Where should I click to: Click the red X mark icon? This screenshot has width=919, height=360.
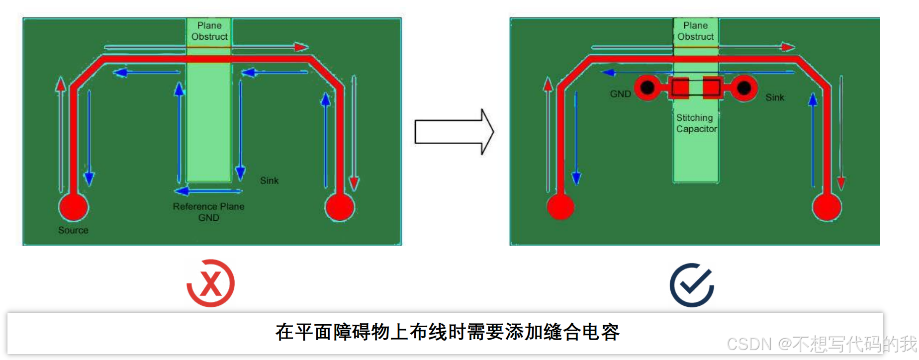(211, 283)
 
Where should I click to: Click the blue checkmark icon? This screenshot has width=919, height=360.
(692, 285)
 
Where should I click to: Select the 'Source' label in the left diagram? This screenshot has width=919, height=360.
(73, 230)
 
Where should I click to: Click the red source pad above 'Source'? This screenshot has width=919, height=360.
(74, 207)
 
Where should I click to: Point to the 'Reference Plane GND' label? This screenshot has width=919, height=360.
(209, 212)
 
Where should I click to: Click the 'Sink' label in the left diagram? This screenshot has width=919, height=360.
(269, 180)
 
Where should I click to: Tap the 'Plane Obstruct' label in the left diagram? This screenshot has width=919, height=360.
(209, 31)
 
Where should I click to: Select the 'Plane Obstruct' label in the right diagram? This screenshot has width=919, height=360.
(695, 31)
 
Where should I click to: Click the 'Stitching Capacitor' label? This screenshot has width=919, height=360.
(696, 123)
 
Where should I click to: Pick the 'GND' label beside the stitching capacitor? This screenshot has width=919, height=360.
(620, 94)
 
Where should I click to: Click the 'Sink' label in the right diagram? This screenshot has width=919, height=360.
(775, 97)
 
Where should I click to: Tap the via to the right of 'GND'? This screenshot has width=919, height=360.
(647, 88)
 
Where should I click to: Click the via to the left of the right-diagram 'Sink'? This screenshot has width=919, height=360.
(744, 89)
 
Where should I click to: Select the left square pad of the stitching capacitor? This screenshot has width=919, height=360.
(680, 88)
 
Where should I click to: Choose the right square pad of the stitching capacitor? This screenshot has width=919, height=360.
(712, 88)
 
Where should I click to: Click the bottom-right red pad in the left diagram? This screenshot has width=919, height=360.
(340, 207)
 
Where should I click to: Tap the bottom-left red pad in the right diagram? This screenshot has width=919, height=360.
(560, 206)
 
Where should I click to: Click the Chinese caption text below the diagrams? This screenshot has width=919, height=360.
(447, 332)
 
